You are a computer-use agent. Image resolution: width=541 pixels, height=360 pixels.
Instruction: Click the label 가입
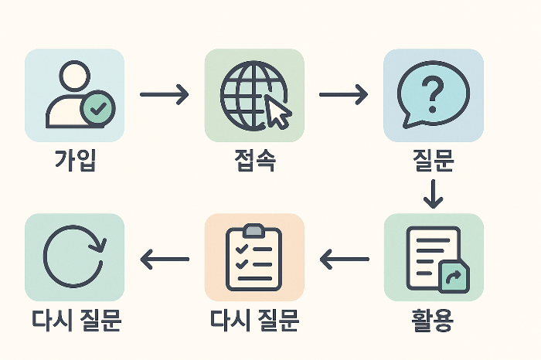click(x=74, y=161)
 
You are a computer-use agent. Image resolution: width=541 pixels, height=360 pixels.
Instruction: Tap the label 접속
click(x=254, y=161)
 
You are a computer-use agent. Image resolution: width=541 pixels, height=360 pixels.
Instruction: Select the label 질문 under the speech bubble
click(x=434, y=161)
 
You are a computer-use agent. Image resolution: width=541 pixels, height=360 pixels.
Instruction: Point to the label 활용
click(x=434, y=318)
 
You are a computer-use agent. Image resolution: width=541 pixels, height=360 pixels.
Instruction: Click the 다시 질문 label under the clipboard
click(x=254, y=318)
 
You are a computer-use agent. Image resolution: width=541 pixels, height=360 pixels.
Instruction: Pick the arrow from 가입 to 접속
click(x=164, y=95)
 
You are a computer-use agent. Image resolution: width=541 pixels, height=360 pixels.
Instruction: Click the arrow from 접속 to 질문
click(x=343, y=95)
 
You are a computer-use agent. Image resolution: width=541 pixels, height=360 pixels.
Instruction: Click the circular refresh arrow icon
click(x=74, y=257)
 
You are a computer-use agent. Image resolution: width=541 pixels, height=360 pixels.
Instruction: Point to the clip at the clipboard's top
click(x=253, y=230)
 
